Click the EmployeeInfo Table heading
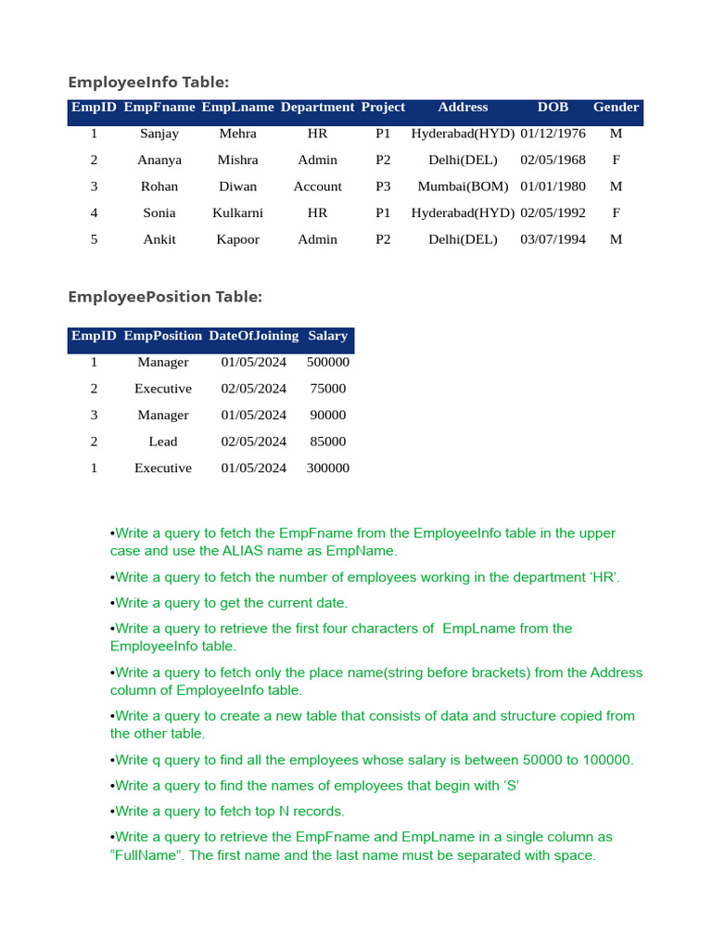coord(148,83)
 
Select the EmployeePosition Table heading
coord(165,297)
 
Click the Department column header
coord(317,108)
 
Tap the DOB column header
coord(553,108)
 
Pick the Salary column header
coord(327,336)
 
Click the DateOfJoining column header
coord(253,336)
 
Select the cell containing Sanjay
coord(159,134)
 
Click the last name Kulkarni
coord(237,212)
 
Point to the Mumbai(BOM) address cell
coord(463,186)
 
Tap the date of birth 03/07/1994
coord(553,239)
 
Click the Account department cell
coord(317,186)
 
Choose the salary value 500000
coord(327,363)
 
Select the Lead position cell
coord(163,442)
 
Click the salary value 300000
coord(327,469)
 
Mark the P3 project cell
coord(383,186)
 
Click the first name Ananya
coord(159,160)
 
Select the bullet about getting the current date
coord(231,603)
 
